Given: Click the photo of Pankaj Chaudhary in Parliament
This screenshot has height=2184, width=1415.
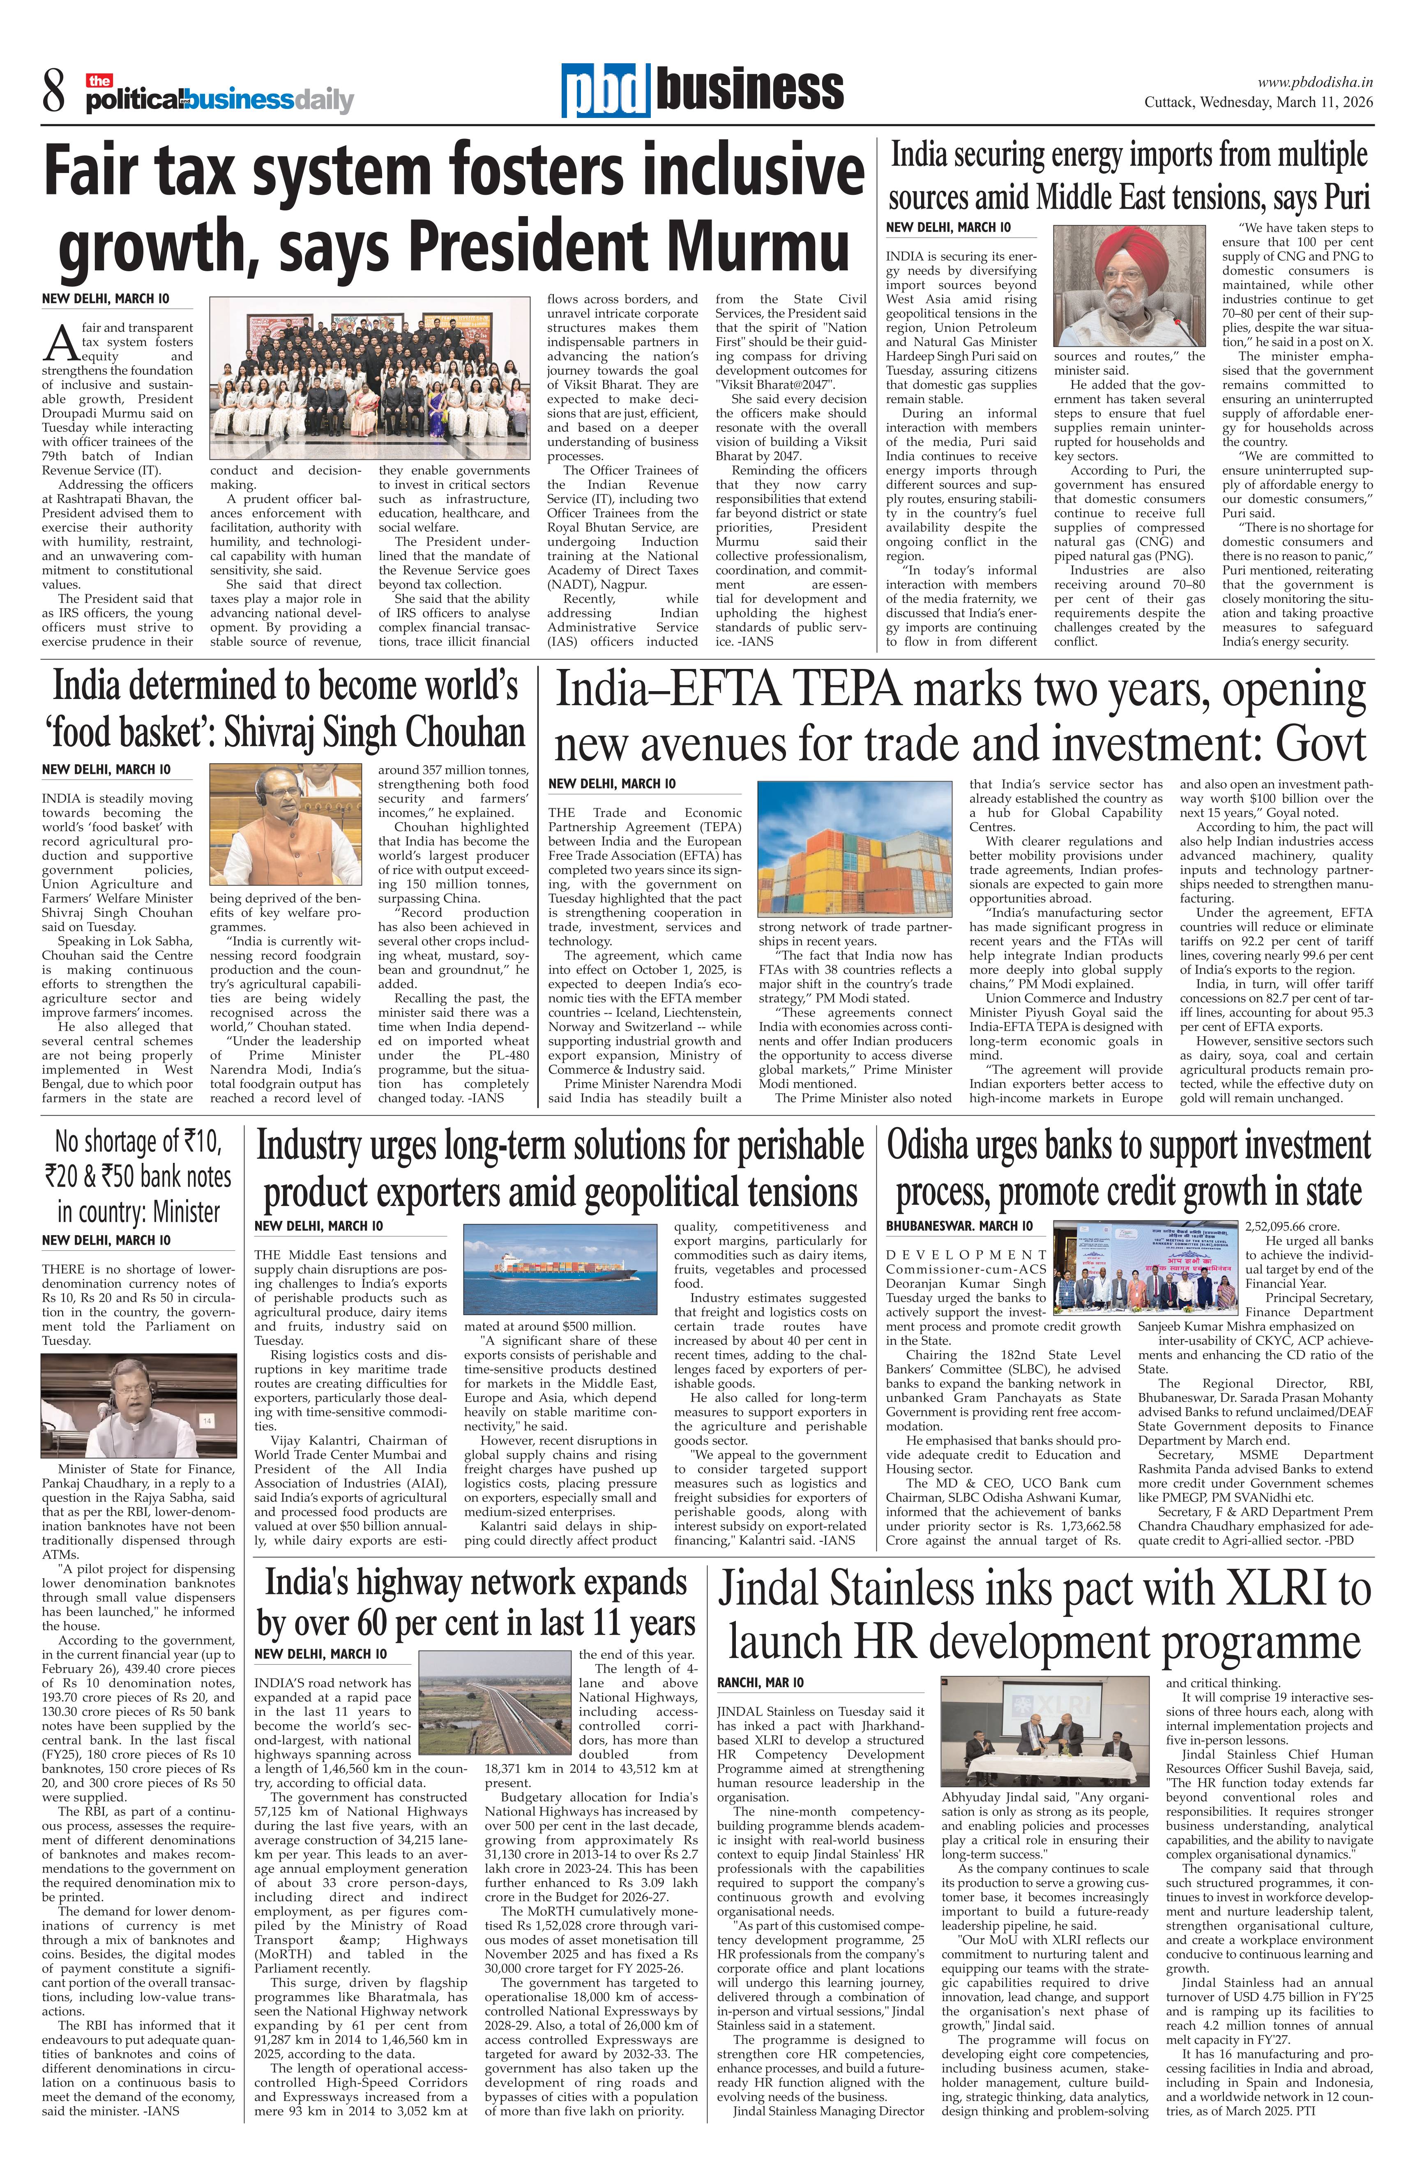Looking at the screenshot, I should (x=126, y=1406).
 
